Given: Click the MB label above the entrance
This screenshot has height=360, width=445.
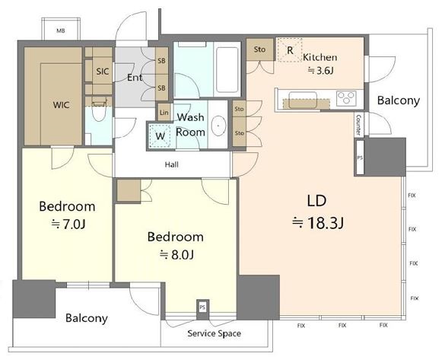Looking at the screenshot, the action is tap(60, 30).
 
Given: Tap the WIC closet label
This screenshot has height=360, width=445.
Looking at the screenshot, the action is tap(61, 105).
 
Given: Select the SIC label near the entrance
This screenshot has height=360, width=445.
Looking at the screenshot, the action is tap(103, 72).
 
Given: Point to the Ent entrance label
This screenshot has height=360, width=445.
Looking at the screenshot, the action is tap(135, 77).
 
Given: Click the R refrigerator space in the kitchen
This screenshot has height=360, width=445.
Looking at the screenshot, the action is tap(289, 49).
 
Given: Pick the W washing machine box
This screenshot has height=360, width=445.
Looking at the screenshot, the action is tap(160, 135).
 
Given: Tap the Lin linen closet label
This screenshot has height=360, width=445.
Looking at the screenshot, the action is tap(164, 113).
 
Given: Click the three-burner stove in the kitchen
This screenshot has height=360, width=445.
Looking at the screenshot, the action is tap(345, 98).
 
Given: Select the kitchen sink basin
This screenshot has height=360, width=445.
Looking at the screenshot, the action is tap(303, 100).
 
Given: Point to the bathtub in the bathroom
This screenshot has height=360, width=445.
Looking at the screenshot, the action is tap(227, 69).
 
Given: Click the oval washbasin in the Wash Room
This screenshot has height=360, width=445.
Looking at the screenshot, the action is tap(218, 126).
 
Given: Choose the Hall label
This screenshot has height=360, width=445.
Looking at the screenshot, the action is tap(172, 164).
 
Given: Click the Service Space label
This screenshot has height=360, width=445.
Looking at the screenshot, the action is tap(214, 333).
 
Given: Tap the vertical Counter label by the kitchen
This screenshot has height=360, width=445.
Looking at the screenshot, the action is tap(358, 125).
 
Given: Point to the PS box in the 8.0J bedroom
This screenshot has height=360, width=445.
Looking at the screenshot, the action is tap(202, 307).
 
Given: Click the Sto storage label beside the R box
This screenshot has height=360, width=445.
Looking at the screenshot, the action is tap(259, 49).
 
